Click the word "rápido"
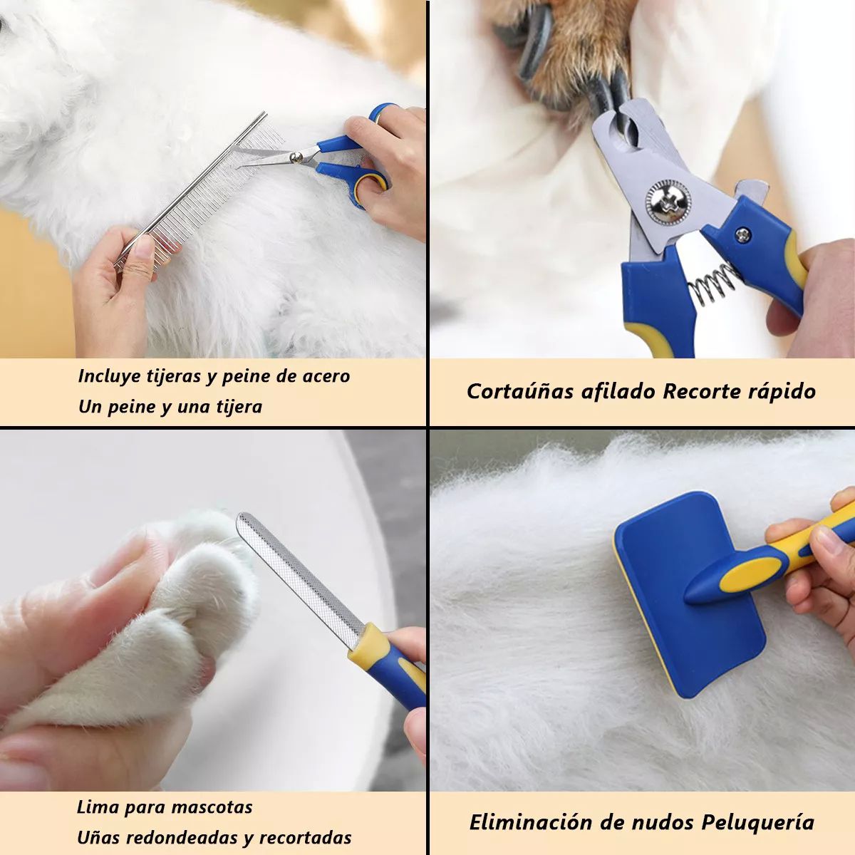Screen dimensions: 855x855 pos(782,391)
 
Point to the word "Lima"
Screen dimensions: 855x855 pos(98,807)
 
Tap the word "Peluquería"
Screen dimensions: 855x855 pos(757,822)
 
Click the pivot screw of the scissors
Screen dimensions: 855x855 pos(294,156)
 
